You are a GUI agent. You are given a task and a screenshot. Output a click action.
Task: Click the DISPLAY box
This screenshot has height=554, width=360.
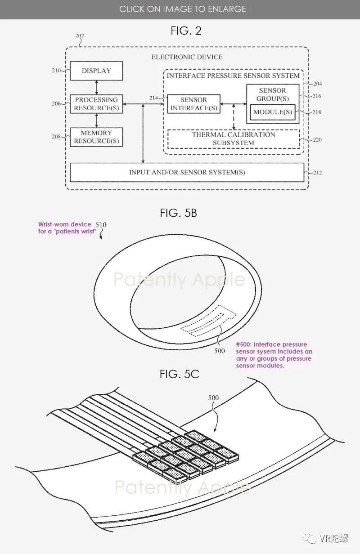[96, 71]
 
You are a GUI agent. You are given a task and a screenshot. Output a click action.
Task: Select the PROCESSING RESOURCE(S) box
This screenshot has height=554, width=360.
[96, 104]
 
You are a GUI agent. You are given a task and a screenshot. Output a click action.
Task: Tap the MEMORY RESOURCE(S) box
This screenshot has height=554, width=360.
[96, 137]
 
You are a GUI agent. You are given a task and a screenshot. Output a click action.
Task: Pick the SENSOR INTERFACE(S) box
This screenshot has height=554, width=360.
[193, 104]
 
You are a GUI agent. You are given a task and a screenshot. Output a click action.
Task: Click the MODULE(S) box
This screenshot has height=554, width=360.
[272, 112]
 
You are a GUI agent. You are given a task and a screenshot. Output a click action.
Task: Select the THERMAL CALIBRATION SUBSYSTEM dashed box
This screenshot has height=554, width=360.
[234, 138]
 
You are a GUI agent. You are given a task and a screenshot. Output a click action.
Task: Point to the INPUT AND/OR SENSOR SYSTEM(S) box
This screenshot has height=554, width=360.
[187, 172]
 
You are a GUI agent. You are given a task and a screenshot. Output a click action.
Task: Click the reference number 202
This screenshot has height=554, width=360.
[79, 36]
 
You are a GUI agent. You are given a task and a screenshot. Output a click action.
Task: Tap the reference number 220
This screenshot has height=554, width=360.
[317, 140]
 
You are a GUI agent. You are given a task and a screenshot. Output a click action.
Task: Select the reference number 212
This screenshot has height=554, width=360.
[317, 173]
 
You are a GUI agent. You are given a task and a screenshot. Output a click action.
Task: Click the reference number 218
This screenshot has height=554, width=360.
[317, 112]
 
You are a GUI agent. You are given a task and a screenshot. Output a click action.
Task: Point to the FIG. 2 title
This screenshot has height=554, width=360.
[186, 31]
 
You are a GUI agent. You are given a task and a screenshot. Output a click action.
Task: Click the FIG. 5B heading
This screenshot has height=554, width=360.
[178, 213]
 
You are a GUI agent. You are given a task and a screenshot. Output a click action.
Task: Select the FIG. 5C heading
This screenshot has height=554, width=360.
[179, 374]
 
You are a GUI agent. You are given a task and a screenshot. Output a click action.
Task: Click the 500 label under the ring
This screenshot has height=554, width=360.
[220, 351]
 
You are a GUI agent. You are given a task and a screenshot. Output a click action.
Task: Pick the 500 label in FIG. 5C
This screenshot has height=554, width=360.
[213, 398]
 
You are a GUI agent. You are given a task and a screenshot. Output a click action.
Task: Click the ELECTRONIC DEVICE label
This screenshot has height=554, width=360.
[187, 57]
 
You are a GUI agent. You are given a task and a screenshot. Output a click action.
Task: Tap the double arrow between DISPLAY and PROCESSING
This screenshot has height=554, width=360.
[96, 87]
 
